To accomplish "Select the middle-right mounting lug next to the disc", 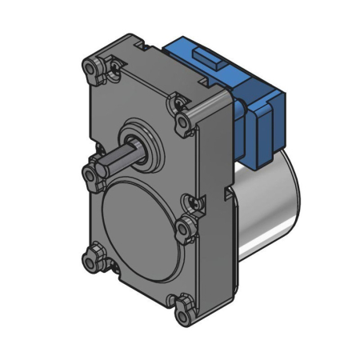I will tap(189, 226).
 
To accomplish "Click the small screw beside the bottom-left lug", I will tap(110, 268).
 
